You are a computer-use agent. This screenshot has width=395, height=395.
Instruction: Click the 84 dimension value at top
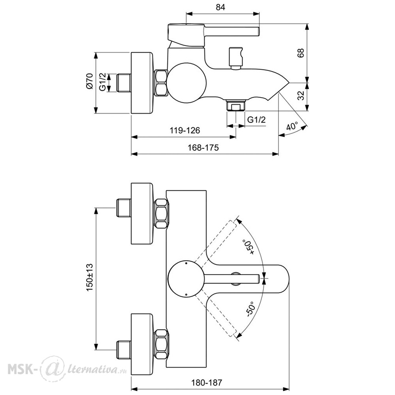tap(220, 7)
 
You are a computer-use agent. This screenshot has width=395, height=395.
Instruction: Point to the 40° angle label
tap(292, 126)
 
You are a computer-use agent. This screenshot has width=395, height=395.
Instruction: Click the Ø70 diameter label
tap(90, 81)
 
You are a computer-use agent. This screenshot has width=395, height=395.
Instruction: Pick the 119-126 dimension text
tap(184, 130)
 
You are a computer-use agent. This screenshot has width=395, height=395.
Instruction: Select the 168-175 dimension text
tap(203, 147)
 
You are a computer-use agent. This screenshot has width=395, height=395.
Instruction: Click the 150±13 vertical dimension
tap(90, 277)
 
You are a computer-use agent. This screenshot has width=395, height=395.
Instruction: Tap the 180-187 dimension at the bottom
tap(207, 383)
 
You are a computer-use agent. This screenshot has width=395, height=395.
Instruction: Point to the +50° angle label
tap(248, 247)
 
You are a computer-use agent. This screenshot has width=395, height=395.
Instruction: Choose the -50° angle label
tap(251, 309)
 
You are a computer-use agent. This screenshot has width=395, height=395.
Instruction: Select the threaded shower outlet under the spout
tap(236, 105)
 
